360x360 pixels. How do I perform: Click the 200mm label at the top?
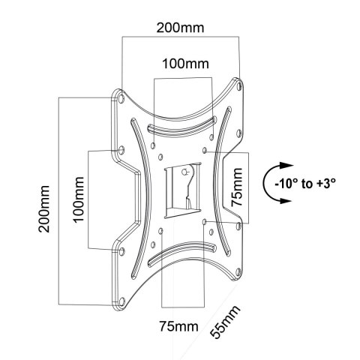178,28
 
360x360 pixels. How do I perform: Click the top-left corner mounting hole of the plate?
120,96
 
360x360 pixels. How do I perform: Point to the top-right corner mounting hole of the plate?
238,85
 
